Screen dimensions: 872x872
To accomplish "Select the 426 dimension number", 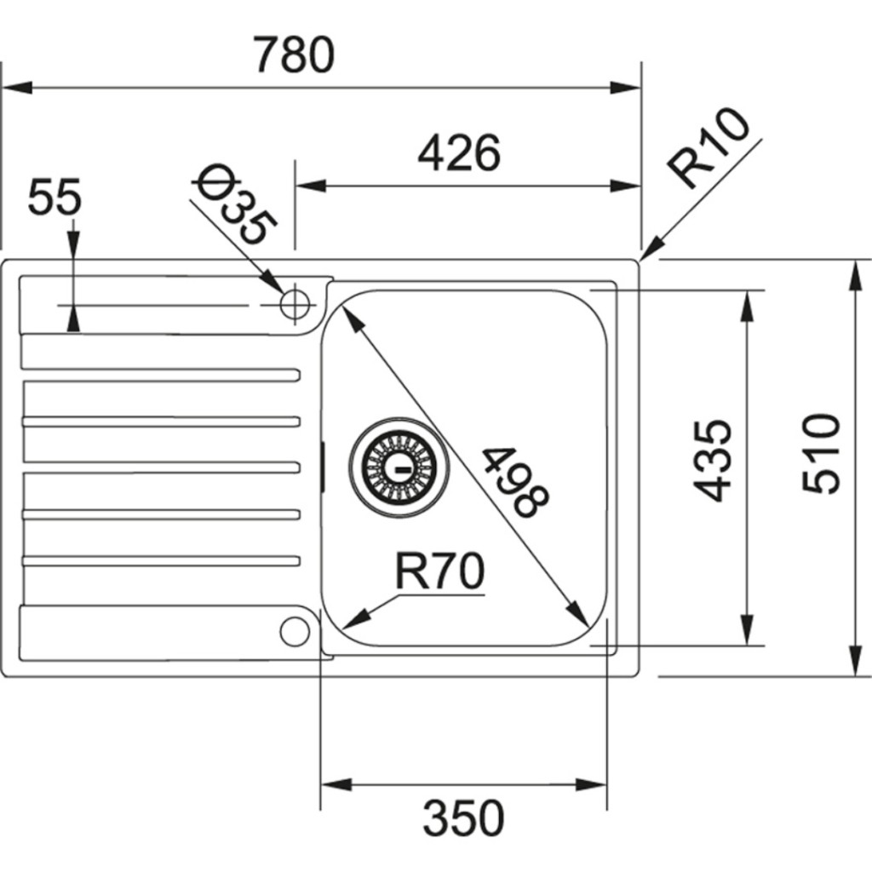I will tap(459, 153).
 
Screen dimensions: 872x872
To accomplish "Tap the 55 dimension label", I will tap(54, 198).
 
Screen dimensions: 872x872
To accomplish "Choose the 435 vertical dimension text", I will tap(712, 460).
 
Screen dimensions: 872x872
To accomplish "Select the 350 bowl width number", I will tap(464, 818).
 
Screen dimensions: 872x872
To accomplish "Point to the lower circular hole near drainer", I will tap(295, 631).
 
